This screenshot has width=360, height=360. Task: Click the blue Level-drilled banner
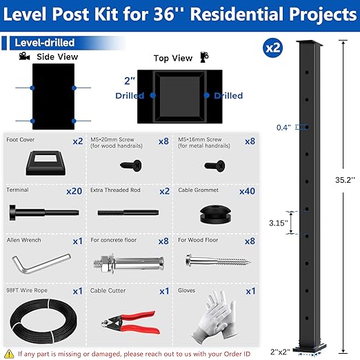point(43,43)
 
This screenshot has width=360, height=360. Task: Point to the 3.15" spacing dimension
point(277,223)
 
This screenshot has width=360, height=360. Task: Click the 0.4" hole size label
point(283,128)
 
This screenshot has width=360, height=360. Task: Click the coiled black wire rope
point(42,318)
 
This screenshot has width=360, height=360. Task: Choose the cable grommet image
point(215,212)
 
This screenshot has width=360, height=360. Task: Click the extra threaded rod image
point(128,212)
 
